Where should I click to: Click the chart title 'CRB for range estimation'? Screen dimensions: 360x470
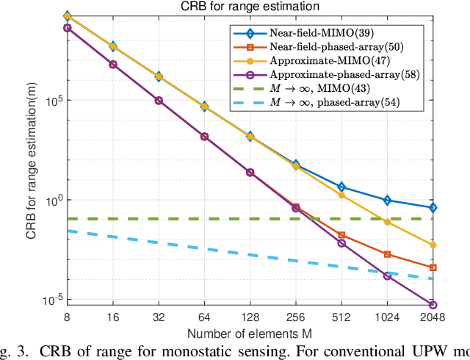250,7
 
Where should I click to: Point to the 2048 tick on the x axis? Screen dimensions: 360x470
433,317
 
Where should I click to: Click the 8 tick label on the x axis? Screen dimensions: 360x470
67,317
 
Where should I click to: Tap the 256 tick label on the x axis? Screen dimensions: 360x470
296,317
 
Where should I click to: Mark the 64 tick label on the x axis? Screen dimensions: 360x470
204,317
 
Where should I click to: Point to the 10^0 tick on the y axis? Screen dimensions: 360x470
52,200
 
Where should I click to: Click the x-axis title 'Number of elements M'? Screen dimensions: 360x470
250,334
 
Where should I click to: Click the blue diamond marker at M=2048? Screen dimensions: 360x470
433,208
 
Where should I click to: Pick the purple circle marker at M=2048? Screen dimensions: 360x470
433,304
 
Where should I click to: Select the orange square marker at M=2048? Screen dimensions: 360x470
433,267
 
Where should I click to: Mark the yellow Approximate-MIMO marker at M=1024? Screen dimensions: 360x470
388,222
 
